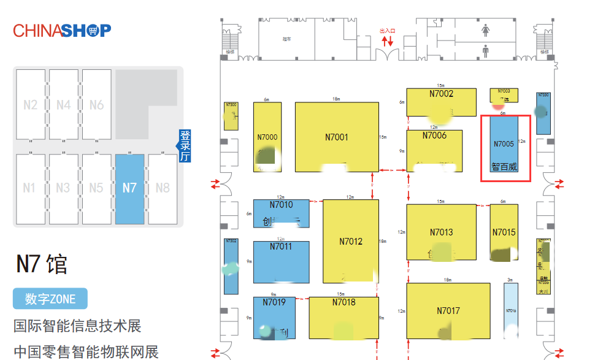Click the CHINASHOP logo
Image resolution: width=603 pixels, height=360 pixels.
(x=62, y=30)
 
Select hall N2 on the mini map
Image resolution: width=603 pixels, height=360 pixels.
(x=30, y=104)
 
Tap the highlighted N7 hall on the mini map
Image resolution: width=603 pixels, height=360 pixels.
(x=129, y=188)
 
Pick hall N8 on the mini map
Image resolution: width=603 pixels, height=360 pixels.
(x=163, y=188)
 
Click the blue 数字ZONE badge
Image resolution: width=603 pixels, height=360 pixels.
(x=50, y=299)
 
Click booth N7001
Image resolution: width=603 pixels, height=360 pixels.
(x=336, y=137)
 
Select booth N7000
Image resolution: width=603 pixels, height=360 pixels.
(x=267, y=137)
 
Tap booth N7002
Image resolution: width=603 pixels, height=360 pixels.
(x=442, y=102)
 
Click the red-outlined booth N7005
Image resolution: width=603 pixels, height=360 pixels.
(x=504, y=148)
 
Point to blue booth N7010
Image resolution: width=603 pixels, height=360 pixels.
(x=281, y=213)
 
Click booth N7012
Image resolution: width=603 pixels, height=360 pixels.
(x=351, y=241)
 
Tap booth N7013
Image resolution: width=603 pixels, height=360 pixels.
(x=441, y=232)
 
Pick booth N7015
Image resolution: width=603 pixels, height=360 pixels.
(x=504, y=232)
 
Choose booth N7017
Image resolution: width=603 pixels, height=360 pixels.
(x=448, y=311)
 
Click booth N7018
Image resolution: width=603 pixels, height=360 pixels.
(x=344, y=318)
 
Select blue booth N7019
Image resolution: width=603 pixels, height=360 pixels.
(x=274, y=318)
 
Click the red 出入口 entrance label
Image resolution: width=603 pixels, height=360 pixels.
(x=388, y=31)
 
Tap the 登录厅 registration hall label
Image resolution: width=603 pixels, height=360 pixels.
(x=184, y=145)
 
